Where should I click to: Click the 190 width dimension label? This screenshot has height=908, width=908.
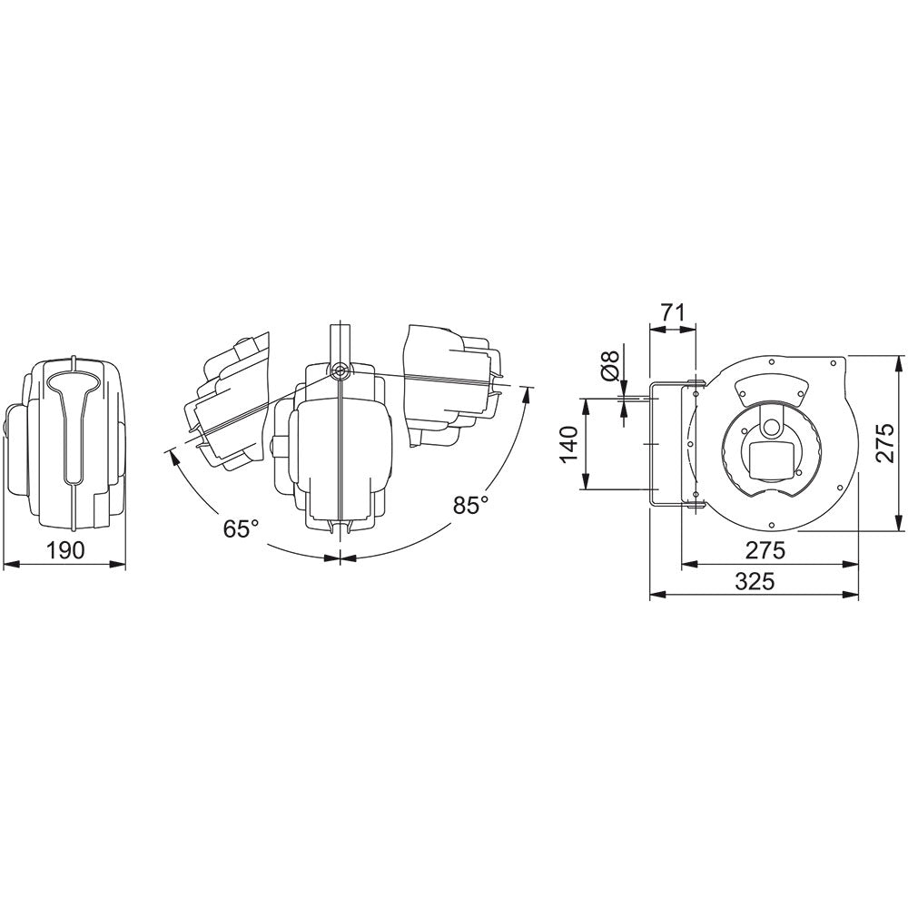point(65,550)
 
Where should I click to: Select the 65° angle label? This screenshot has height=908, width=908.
point(241,528)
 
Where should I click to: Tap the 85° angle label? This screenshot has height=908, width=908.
point(470,504)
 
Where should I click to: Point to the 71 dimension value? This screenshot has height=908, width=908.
point(672,312)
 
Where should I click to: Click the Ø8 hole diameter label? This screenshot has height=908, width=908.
point(610,367)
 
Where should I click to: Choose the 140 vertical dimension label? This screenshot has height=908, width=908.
point(570,444)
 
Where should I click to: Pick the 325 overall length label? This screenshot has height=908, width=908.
point(755,581)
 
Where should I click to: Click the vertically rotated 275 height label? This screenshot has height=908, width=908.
point(885,444)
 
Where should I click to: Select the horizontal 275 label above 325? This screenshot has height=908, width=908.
point(765,550)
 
